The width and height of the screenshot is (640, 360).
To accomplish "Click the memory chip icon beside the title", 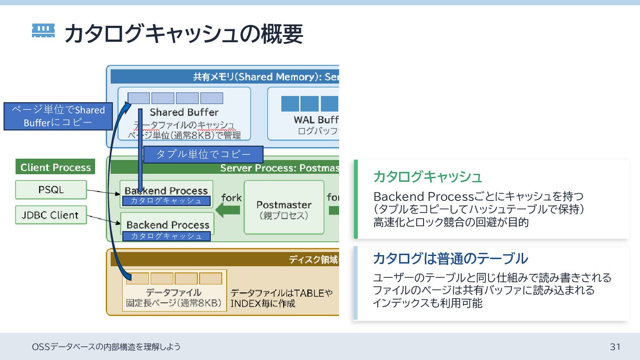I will point(44,31).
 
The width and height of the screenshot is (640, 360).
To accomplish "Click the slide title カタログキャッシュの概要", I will point(184,34).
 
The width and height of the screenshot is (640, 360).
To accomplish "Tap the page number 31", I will point(615,347).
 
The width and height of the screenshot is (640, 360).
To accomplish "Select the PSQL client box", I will point(51,190).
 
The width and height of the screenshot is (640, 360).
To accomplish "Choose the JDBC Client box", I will point(51,216).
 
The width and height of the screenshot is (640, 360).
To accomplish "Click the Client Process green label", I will point(56,168).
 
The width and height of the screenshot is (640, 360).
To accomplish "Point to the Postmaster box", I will point(284,208).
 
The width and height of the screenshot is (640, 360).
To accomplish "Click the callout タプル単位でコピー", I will point(204,155).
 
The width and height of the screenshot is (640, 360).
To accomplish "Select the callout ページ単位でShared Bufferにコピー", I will point(58,116).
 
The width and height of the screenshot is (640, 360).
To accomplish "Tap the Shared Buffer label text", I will point(184,112).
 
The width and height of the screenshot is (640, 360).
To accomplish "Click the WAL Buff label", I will point(316,120).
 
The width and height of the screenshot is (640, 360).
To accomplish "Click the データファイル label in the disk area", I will point(174,292).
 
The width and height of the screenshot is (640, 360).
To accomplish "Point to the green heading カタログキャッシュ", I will point(428,177).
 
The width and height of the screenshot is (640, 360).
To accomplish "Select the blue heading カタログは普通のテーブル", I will point(450,258).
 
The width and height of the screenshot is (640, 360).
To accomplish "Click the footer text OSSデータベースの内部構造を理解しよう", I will point(107,347).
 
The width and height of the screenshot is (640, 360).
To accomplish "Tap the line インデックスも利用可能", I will point(428,304).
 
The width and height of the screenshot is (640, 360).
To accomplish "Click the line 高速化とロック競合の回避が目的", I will point(451,222).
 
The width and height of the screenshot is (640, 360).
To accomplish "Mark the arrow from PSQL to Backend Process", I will point(103,192).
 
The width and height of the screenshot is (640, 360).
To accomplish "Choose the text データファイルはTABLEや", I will point(281,293).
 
